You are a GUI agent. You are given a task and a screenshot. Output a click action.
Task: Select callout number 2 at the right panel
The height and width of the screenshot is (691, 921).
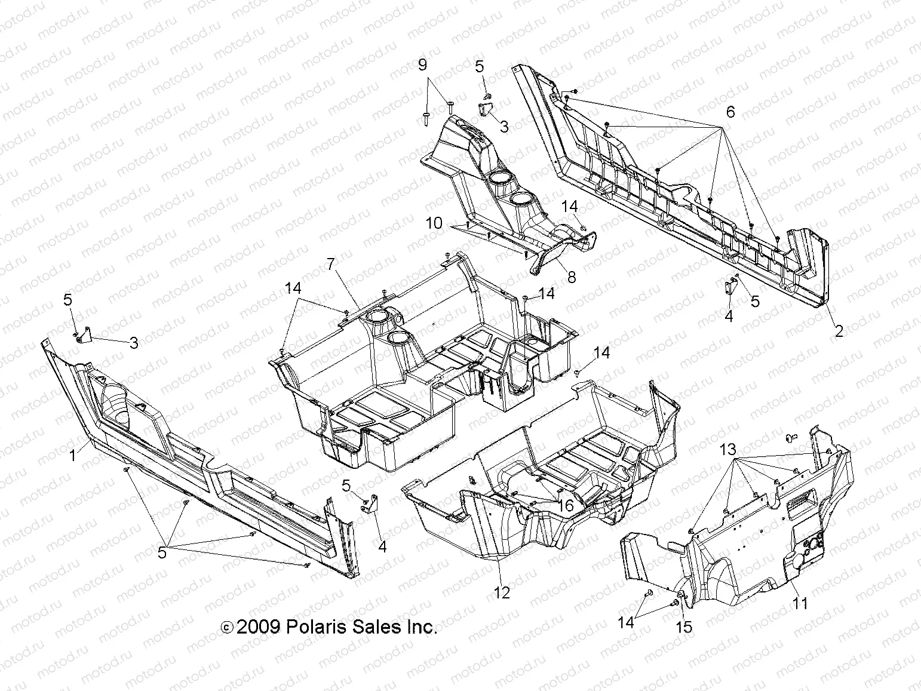click(x=839, y=331)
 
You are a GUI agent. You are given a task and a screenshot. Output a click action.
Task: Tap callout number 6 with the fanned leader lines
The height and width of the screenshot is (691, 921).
click(x=730, y=112)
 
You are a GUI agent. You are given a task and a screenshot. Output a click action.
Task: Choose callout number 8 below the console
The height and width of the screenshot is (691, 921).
click(x=572, y=277)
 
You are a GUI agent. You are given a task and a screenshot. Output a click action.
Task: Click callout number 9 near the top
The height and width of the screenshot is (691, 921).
click(x=422, y=64)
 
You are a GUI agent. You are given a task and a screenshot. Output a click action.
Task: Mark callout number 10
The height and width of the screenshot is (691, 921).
click(x=434, y=224)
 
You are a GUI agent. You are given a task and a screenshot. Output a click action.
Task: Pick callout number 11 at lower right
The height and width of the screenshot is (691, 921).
click(x=800, y=603)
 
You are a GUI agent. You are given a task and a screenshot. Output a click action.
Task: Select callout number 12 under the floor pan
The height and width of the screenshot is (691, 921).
click(x=502, y=593)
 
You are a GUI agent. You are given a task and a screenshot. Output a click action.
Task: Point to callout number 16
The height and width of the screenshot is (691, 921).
click(x=565, y=506)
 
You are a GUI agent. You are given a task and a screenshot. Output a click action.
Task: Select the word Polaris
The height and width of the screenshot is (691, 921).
click(x=315, y=627)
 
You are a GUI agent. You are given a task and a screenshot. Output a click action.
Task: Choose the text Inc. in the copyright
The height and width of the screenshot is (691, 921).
click(x=422, y=627)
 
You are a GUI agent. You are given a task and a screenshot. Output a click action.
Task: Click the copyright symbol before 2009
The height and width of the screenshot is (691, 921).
click(x=227, y=628)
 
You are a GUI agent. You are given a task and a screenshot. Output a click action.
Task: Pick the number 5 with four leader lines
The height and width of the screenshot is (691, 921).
click(x=162, y=553)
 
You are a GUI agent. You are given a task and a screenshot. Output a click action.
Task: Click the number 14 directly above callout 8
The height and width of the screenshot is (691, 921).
click(x=570, y=206)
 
